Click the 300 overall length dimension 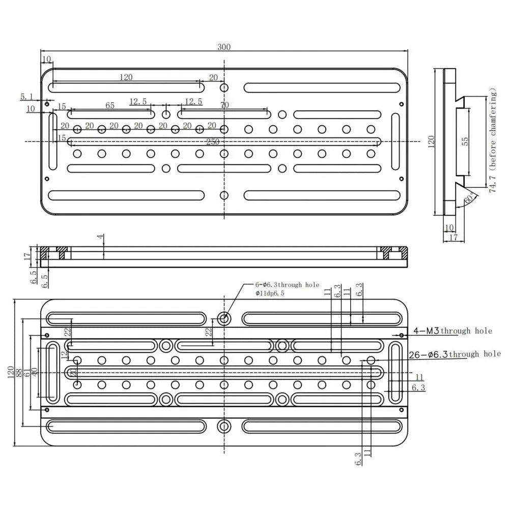click(x=224, y=47)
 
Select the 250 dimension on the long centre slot click(x=213, y=142)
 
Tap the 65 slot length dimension click(x=110, y=105)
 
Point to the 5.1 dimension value click(x=26, y=96)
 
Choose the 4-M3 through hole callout click(x=453, y=331)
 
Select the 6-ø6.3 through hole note click(x=287, y=286)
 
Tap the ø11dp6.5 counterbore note click(x=276, y=294)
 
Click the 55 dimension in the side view click(x=465, y=142)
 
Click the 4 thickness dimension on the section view click(x=102, y=237)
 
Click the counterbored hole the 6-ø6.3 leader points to click(x=223, y=319)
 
